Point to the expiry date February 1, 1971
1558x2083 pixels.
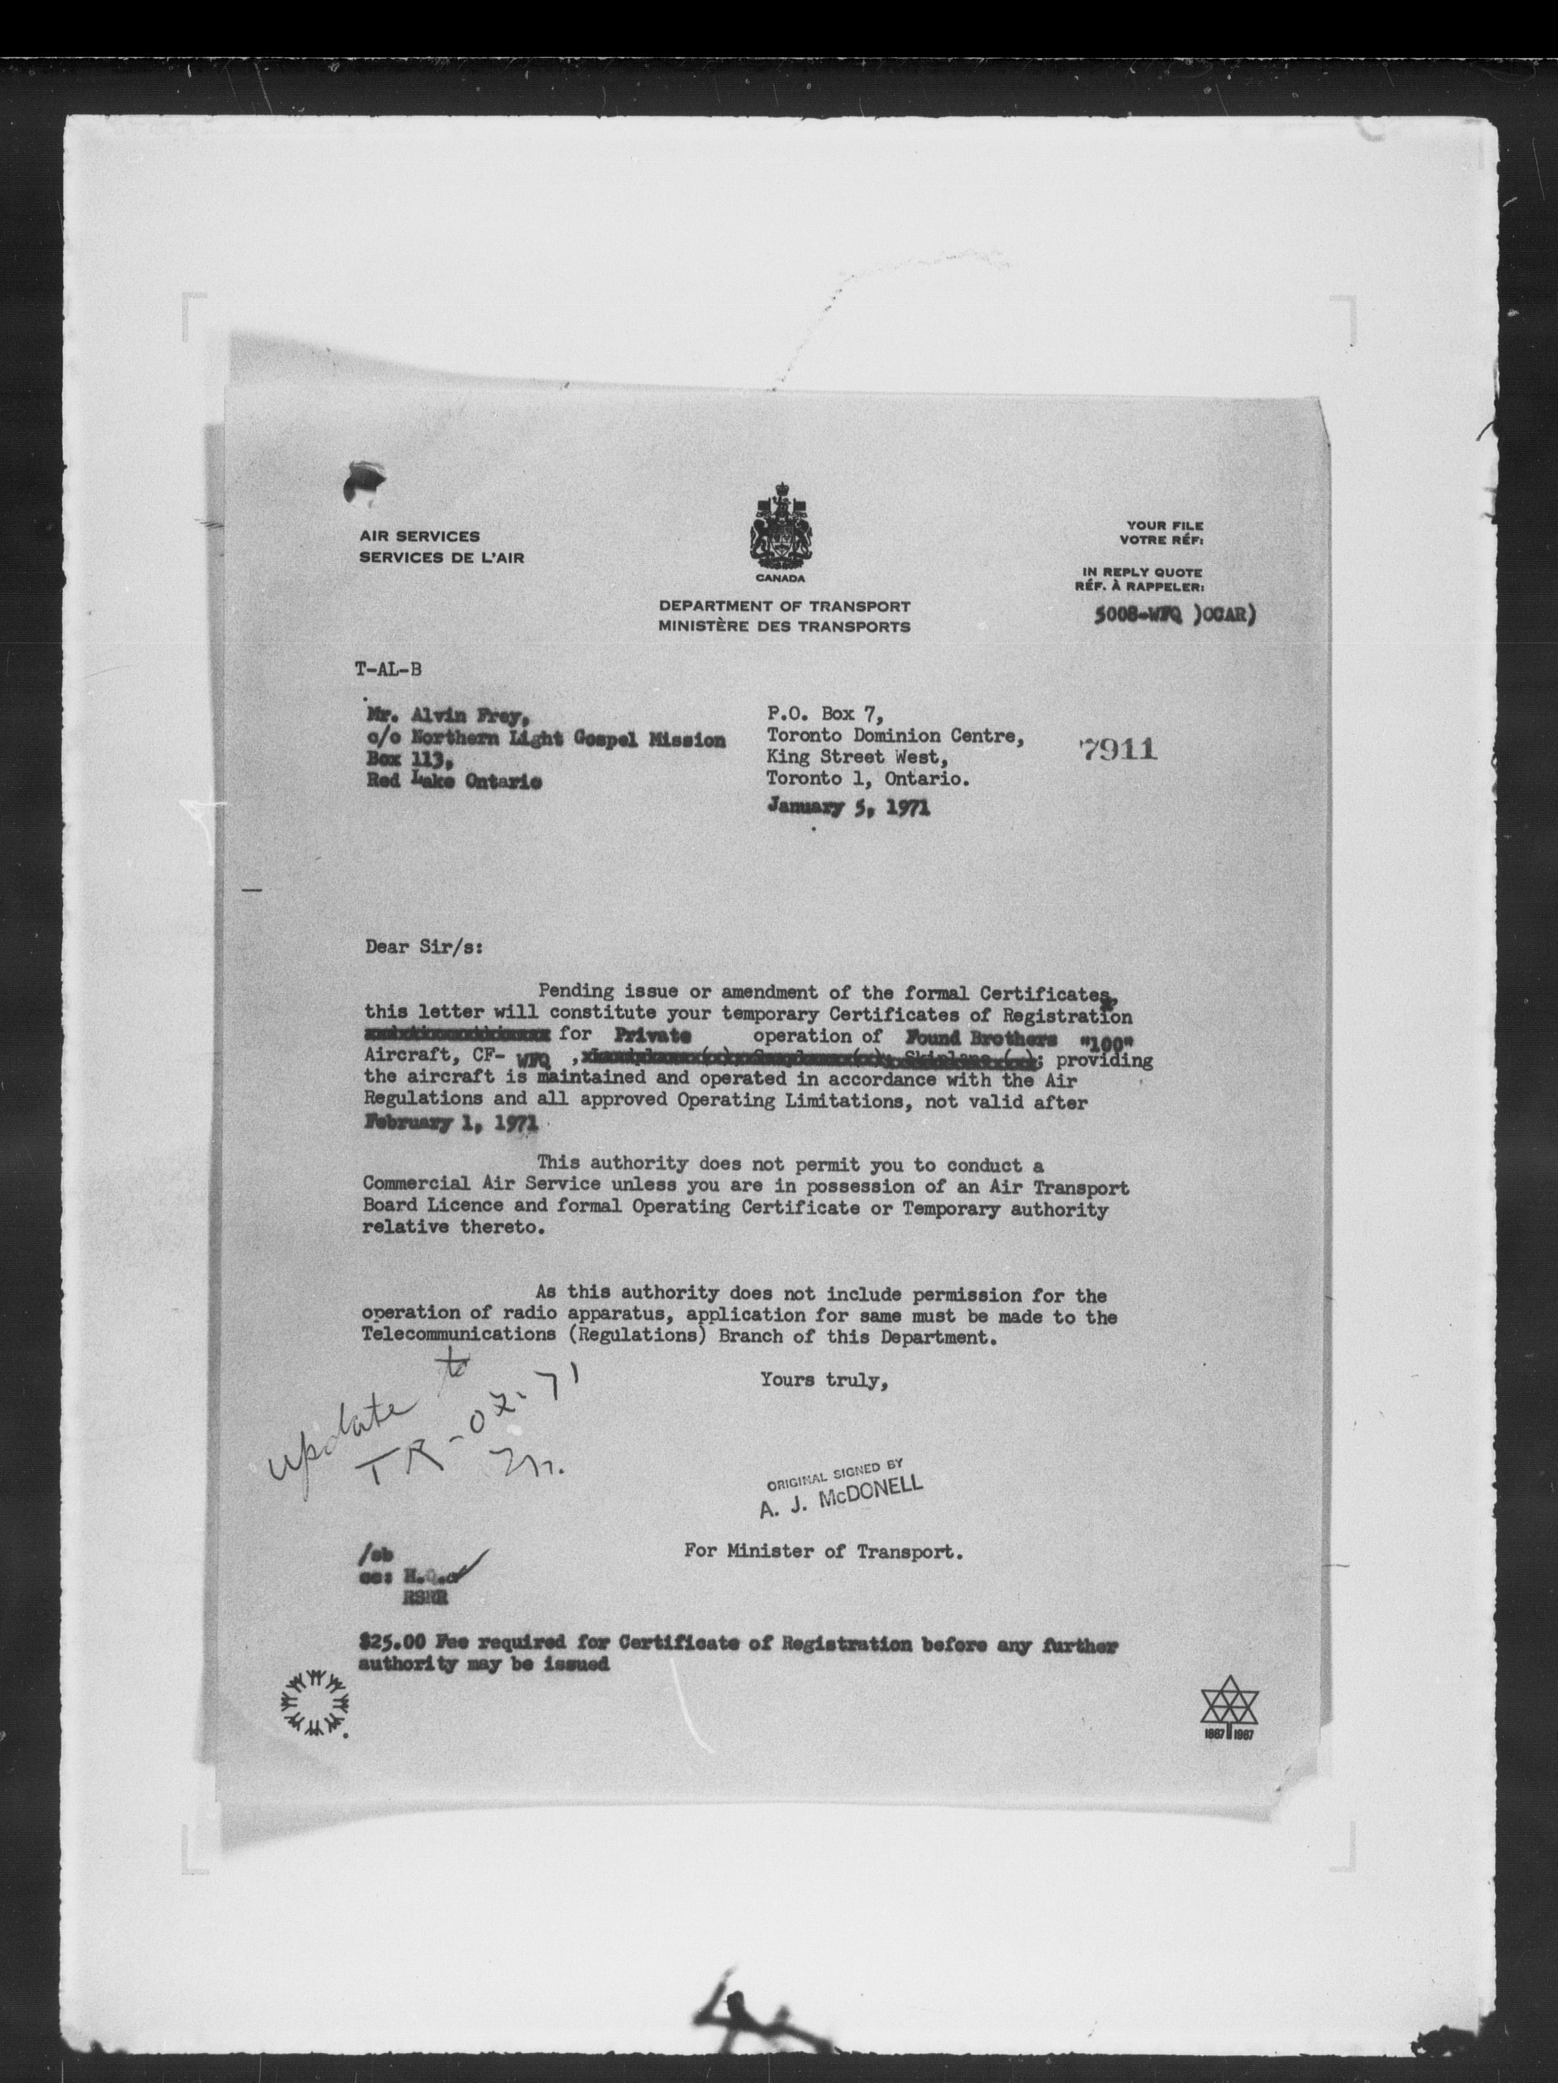450,1124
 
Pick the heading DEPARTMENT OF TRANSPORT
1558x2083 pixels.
784,607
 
